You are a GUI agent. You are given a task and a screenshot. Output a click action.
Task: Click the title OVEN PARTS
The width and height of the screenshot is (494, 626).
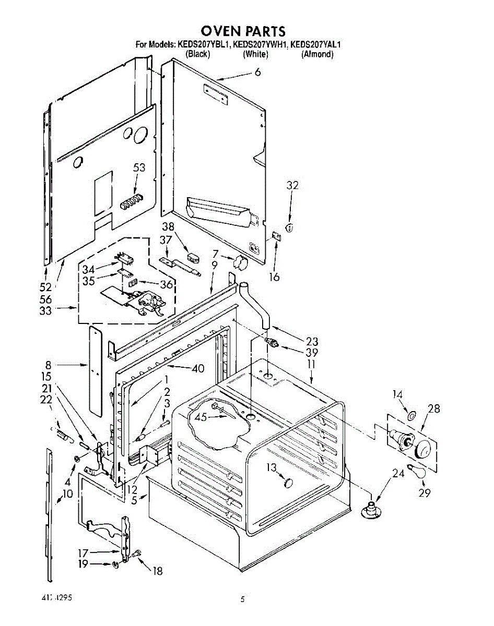coord(243,31)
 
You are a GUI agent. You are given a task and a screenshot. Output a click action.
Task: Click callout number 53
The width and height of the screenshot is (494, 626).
coord(139,167)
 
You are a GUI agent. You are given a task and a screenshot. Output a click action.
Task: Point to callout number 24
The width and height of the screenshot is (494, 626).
coord(398,474)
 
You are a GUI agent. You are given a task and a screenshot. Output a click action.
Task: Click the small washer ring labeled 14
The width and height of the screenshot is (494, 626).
coord(411,416)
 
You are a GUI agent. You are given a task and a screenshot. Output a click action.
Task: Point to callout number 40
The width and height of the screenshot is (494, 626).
coord(197,368)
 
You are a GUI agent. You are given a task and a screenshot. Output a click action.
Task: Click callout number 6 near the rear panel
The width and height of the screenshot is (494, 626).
coord(257,73)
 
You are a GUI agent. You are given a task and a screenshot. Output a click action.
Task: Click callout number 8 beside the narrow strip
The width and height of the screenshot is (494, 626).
coord(48,365)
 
